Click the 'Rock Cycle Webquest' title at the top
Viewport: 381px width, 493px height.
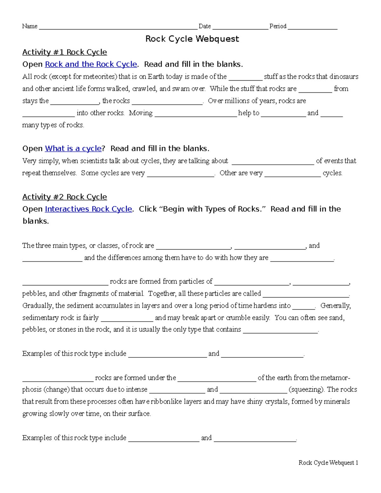192,39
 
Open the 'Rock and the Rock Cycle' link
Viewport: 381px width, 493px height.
91,64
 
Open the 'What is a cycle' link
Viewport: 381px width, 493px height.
73,149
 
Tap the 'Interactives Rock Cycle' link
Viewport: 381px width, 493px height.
88,209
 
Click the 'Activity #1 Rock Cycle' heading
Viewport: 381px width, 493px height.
64,52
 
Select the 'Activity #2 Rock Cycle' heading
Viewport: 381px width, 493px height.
64,197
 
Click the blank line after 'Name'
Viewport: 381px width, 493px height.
118,27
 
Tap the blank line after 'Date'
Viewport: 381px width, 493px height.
240,27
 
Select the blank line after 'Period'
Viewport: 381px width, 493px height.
312,27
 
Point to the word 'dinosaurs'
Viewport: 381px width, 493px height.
344,77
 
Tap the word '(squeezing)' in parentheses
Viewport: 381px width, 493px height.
306,390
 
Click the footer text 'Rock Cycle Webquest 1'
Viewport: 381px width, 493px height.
328,463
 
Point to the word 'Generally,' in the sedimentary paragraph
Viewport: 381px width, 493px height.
335,306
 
